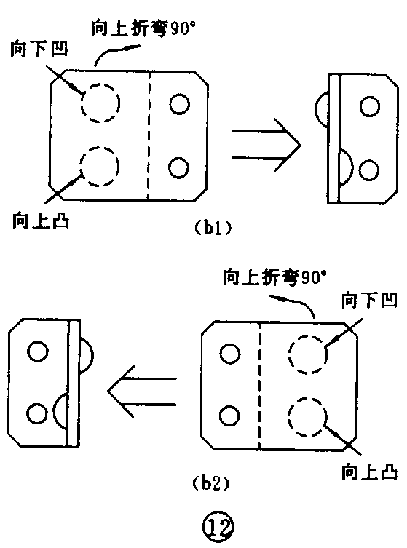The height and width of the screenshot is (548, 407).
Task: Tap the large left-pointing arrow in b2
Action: (x=143, y=392)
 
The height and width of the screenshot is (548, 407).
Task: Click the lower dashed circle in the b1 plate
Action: (x=98, y=165)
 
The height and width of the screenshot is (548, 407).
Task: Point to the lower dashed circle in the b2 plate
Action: (x=307, y=417)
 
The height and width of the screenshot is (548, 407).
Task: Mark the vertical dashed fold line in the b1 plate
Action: (x=148, y=135)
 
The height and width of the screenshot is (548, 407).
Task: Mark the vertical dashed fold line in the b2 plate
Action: (x=260, y=386)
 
